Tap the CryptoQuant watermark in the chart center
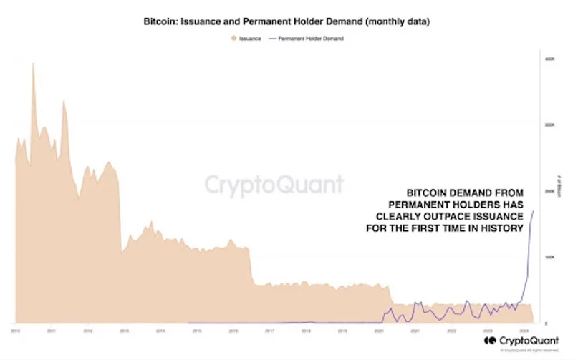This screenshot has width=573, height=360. click(x=274, y=185)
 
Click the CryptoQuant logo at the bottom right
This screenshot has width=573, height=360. click(x=514, y=341)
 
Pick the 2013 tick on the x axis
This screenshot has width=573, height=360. click(x=124, y=331)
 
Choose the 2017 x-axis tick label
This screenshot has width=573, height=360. click(x=270, y=331)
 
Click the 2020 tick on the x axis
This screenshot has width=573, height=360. click(x=379, y=331)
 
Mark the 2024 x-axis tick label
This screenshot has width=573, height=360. click(x=524, y=331)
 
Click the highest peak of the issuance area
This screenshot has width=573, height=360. click(x=32, y=64)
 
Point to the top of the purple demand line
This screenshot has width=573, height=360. click(x=534, y=211)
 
